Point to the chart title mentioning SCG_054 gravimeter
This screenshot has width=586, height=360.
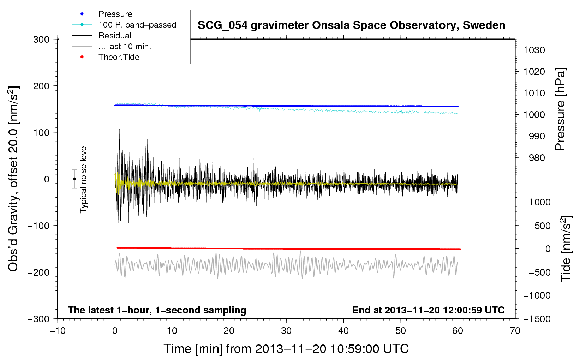click(351, 25)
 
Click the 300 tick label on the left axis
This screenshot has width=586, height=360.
click(41, 40)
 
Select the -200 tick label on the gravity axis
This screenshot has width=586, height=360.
click(38, 272)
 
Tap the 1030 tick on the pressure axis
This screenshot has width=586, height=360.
click(534, 50)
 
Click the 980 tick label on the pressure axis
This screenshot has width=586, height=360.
click(537, 158)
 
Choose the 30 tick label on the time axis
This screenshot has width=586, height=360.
click(286, 331)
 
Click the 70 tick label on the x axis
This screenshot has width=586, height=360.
click(515, 331)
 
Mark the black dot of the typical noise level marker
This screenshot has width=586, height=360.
click(74, 179)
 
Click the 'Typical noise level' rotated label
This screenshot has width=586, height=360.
click(83, 179)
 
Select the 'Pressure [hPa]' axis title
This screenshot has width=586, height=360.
click(560, 109)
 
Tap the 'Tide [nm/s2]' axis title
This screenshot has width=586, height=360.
click(566, 248)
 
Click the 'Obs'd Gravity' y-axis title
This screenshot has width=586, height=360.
click(13, 179)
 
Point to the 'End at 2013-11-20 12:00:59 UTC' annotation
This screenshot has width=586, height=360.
click(428, 310)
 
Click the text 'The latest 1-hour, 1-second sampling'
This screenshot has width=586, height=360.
click(157, 310)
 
